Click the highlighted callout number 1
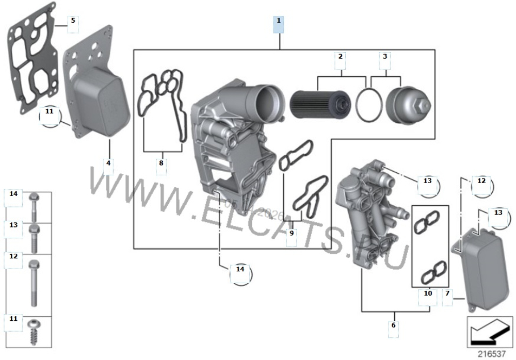click(279, 21)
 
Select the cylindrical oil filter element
click(316, 106)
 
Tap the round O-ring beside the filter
click(368, 106)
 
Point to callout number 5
click(73, 21)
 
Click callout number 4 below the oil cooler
click(108, 163)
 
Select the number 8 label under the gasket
click(161, 163)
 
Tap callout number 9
click(292, 233)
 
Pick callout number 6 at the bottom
click(393, 325)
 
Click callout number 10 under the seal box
click(428, 293)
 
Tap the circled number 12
click(482, 182)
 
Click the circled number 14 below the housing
click(240, 269)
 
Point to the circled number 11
click(50, 111)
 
